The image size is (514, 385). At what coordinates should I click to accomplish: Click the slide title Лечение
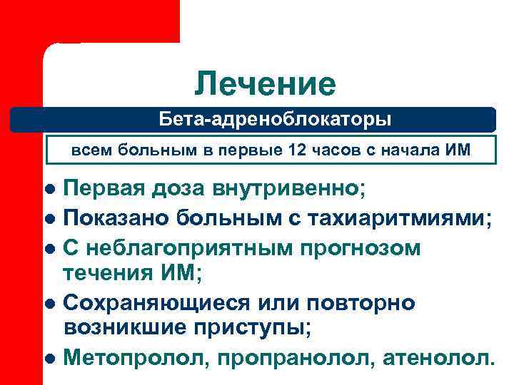coord(265,84)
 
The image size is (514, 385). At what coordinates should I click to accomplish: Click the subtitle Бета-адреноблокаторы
coord(275,118)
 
